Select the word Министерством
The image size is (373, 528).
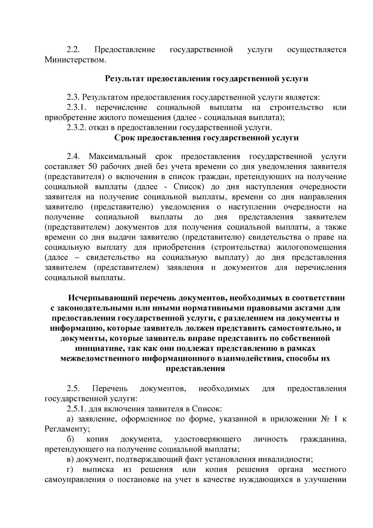(x=75, y=60)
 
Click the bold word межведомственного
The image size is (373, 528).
(x=100, y=358)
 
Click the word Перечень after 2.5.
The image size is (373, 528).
(x=110, y=389)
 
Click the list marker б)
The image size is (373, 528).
(x=70, y=439)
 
